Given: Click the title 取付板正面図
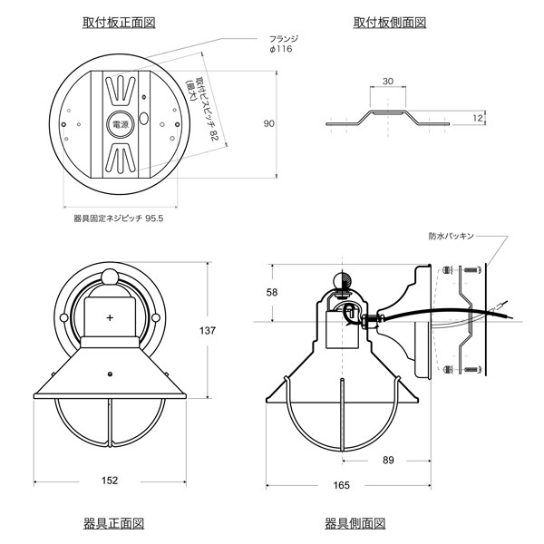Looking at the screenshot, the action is [119, 23].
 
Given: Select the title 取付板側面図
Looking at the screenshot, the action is [390, 23].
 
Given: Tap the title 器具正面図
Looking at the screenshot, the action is [114, 523].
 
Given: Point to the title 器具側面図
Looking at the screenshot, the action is [355, 523].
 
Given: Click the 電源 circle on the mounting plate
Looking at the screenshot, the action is [120, 124].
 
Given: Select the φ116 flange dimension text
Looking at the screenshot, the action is [281, 49].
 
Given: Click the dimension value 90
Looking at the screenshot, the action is [269, 123].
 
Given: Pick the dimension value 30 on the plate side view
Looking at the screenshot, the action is [387, 82].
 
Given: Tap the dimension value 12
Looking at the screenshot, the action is [478, 118].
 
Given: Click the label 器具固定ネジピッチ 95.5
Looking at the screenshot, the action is [118, 219].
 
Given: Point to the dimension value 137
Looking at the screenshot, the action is [207, 331].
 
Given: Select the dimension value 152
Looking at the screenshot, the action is [110, 481].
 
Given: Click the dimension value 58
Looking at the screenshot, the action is [272, 293].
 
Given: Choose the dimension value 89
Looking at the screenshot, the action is [388, 460].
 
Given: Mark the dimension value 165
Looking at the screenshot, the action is [342, 485].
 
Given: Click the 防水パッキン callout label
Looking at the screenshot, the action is [451, 237].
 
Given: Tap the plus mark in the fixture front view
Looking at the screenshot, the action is [110, 317].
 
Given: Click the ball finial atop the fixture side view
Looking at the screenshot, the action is [343, 280].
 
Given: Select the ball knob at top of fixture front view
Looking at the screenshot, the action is [110, 277].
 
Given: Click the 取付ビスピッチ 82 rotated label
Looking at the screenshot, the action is [202, 109].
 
